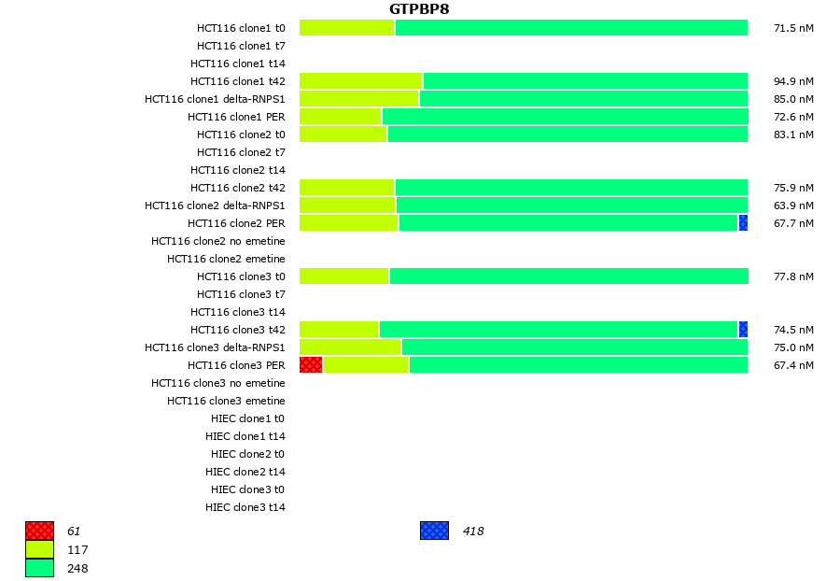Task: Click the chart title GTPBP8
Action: pyautogui.click(x=419, y=9)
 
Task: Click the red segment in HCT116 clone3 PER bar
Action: pyautogui.click(x=311, y=365)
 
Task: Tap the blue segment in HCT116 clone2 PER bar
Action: pyautogui.click(x=743, y=223)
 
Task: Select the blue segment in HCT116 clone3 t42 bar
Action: pyautogui.click(x=743, y=330)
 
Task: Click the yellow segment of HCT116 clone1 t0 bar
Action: pyautogui.click(x=346, y=28)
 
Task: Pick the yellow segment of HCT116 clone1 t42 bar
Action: pyautogui.click(x=360, y=81)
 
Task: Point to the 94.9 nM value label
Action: pyautogui.click(x=793, y=81)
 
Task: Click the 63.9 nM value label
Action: pyautogui.click(x=793, y=205)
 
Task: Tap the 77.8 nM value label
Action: pyautogui.click(x=793, y=276)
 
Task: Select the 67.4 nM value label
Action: pyautogui.click(x=793, y=365)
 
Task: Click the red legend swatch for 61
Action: pyautogui.click(x=39, y=531)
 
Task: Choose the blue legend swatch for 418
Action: pyautogui.click(x=434, y=531)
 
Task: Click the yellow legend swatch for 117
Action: pyautogui.click(x=39, y=549)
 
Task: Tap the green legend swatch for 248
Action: pyautogui.click(x=39, y=568)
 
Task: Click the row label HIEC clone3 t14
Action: pyautogui.click(x=245, y=507)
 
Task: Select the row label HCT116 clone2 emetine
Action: pyautogui.click(x=226, y=259)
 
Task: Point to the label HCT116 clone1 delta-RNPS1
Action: pyautogui.click(x=215, y=99)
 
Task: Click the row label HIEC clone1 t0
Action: pyautogui.click(x=247, y=418)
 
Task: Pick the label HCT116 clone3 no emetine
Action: pyautogui.click(x=218, y=383)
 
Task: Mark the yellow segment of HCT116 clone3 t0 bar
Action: pyautogui.click(x=343, y=276)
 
